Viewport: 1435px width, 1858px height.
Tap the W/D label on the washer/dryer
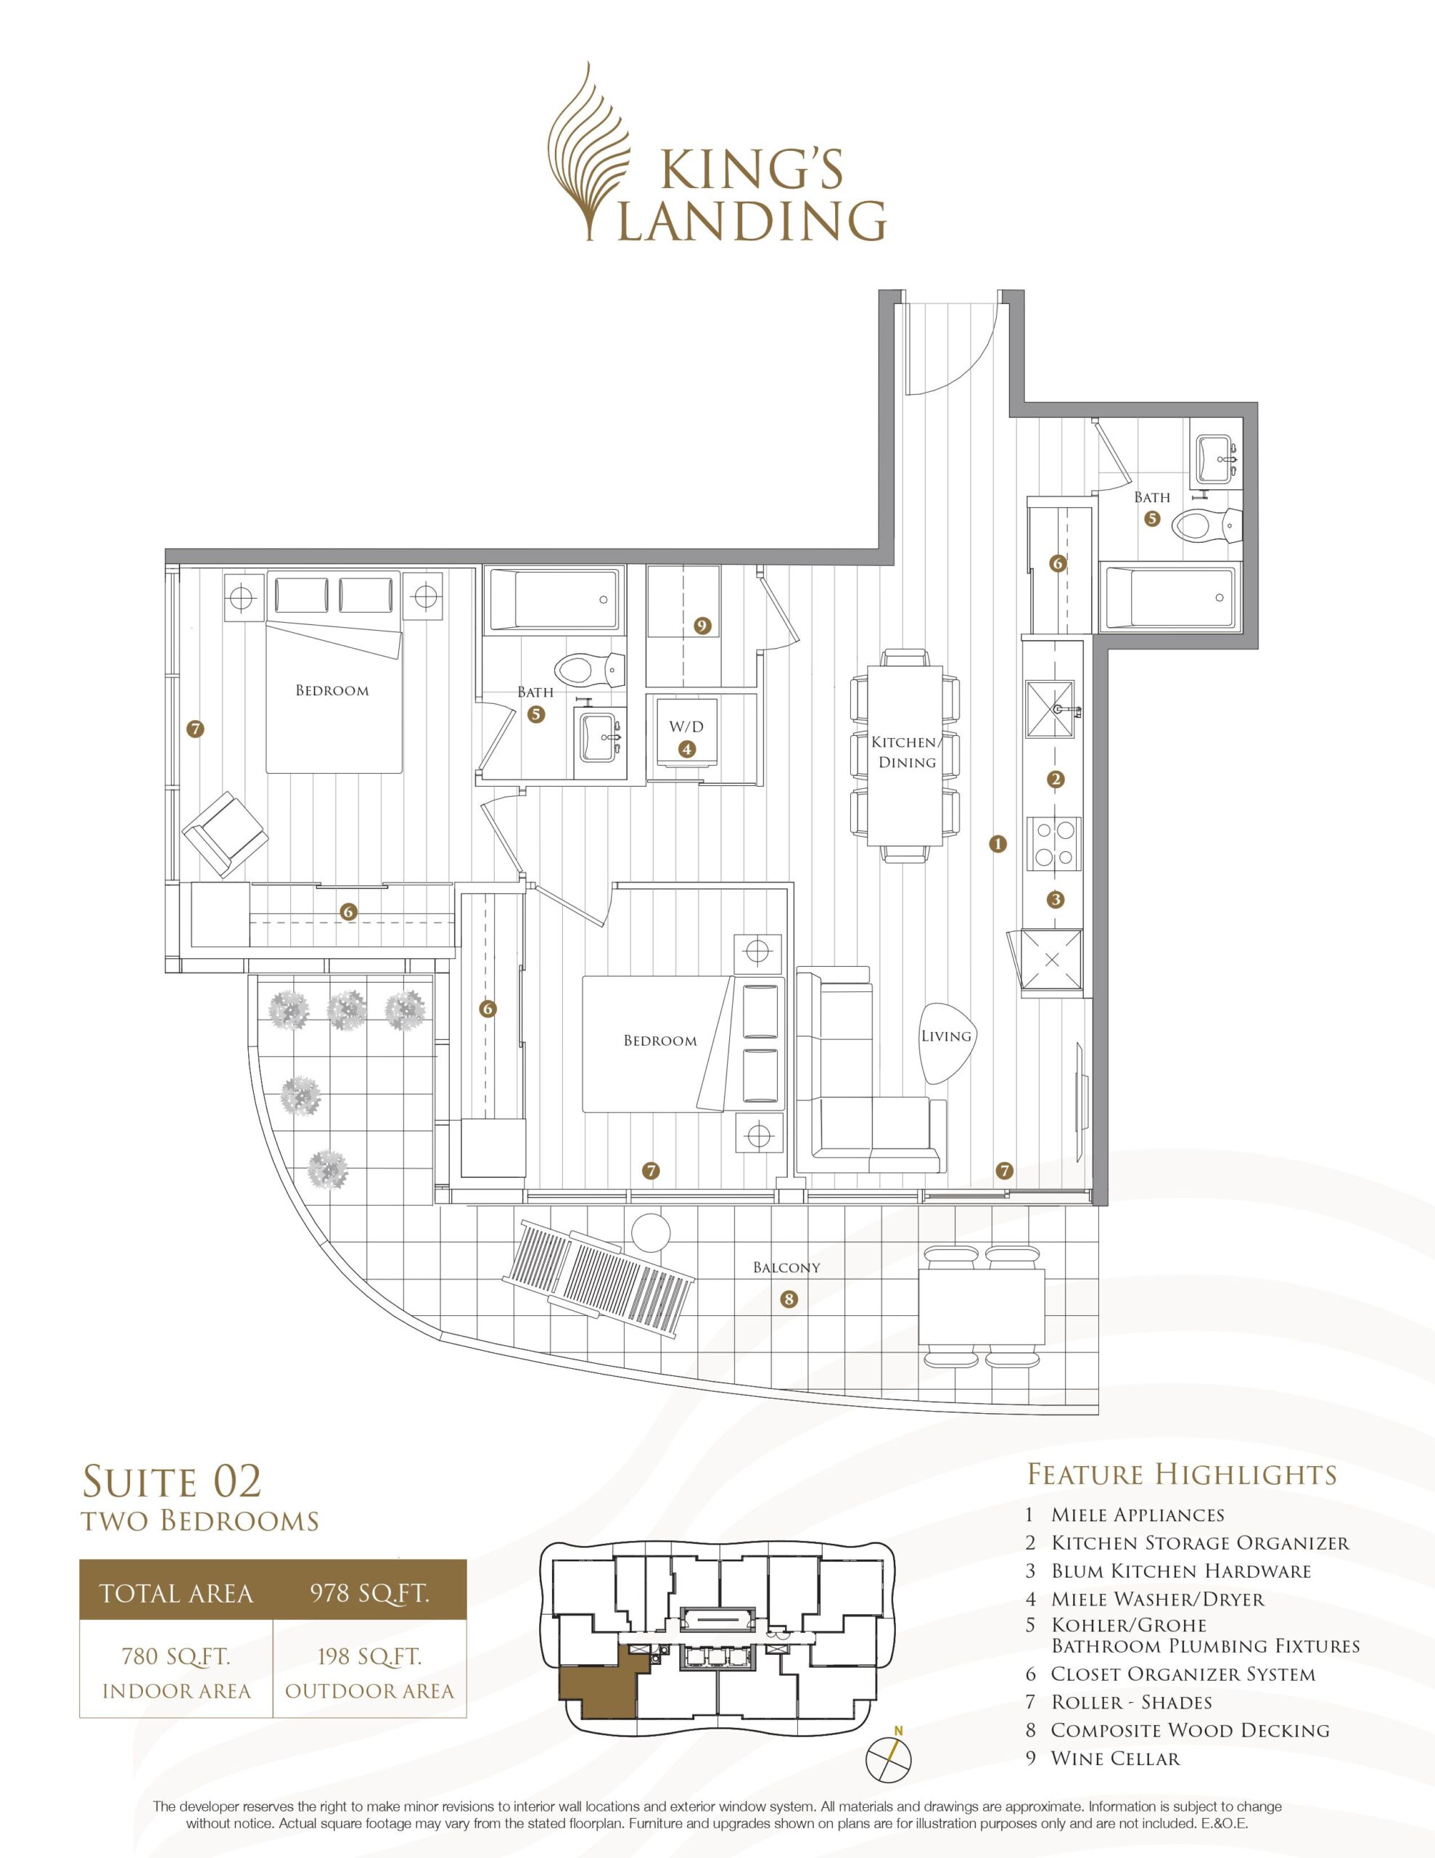[686, 727]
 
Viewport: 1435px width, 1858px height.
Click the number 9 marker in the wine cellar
[702, 626]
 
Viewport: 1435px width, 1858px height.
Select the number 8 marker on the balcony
[789, 1299]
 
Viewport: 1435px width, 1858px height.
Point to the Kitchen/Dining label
[907, 752]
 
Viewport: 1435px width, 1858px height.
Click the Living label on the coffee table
[946, 1036]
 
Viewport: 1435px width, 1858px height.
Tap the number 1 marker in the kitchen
[998, 844]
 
